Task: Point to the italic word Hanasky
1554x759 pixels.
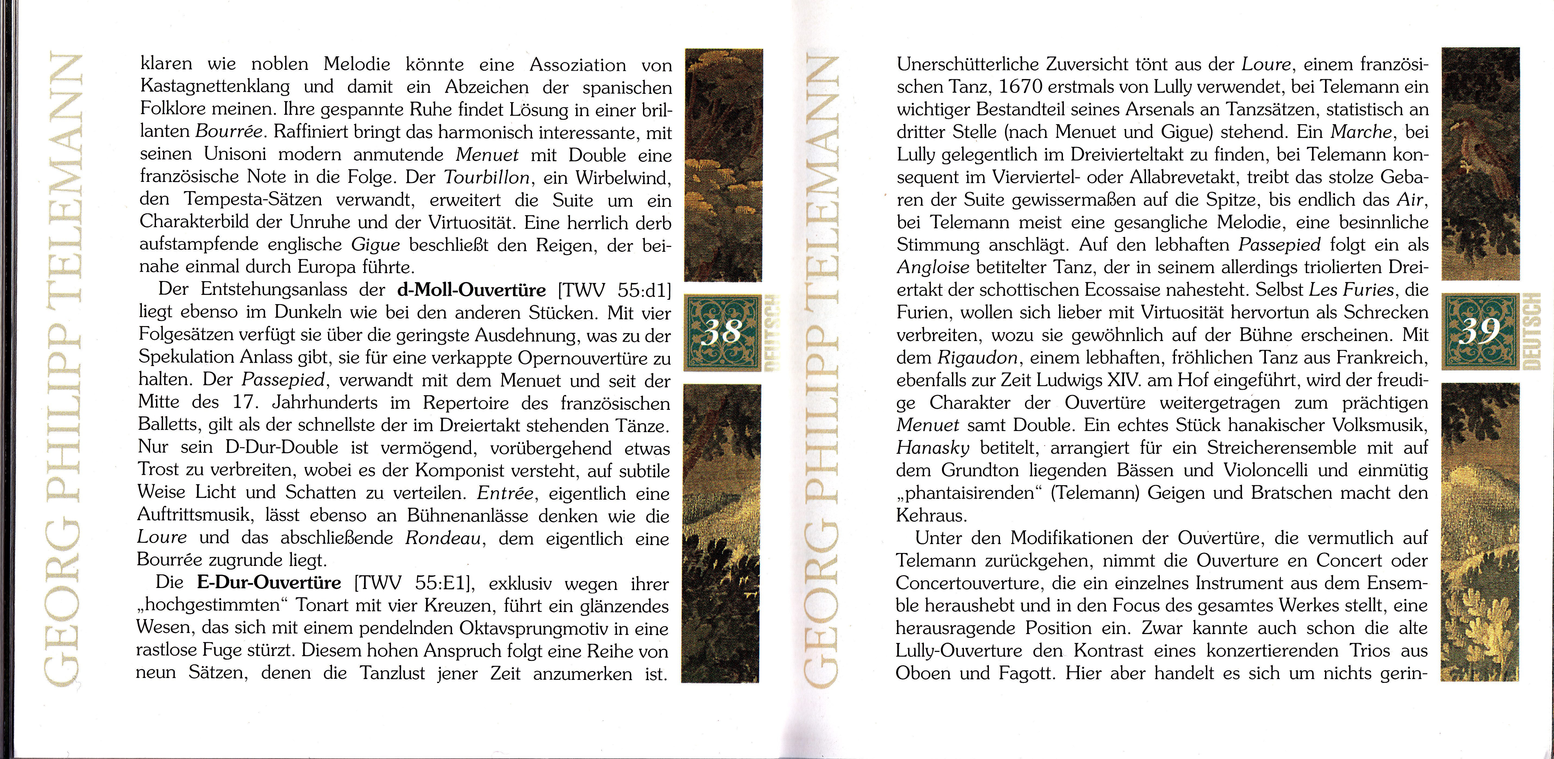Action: click(x=933, y=448)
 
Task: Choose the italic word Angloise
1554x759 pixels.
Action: click(x=933, y=267)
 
